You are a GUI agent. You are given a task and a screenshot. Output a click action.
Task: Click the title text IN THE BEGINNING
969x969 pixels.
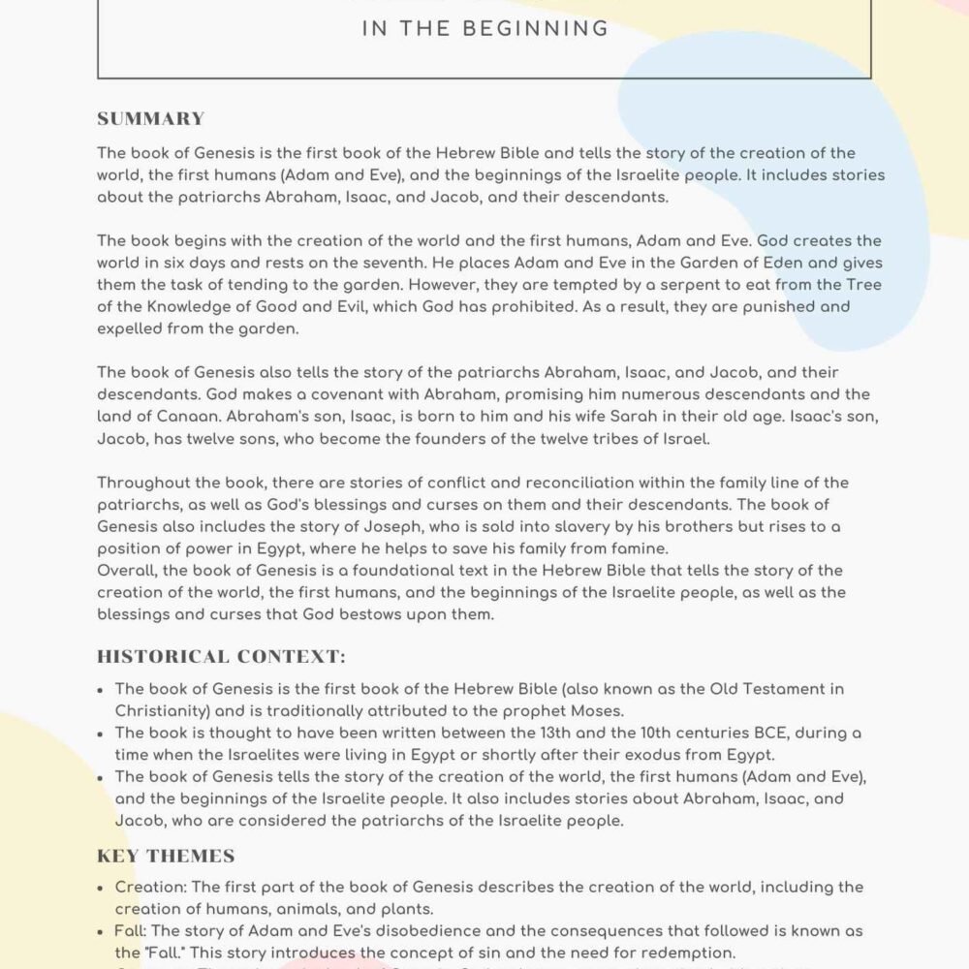[484, 29]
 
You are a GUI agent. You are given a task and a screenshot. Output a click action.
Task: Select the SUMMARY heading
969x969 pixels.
[150, 119]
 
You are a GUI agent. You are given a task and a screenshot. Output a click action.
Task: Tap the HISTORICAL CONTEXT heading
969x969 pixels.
[221, 657]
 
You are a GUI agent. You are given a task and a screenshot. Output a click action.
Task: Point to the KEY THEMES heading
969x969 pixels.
[166, 856]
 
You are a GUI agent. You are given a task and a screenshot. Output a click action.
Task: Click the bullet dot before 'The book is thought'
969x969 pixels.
[103, 734]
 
